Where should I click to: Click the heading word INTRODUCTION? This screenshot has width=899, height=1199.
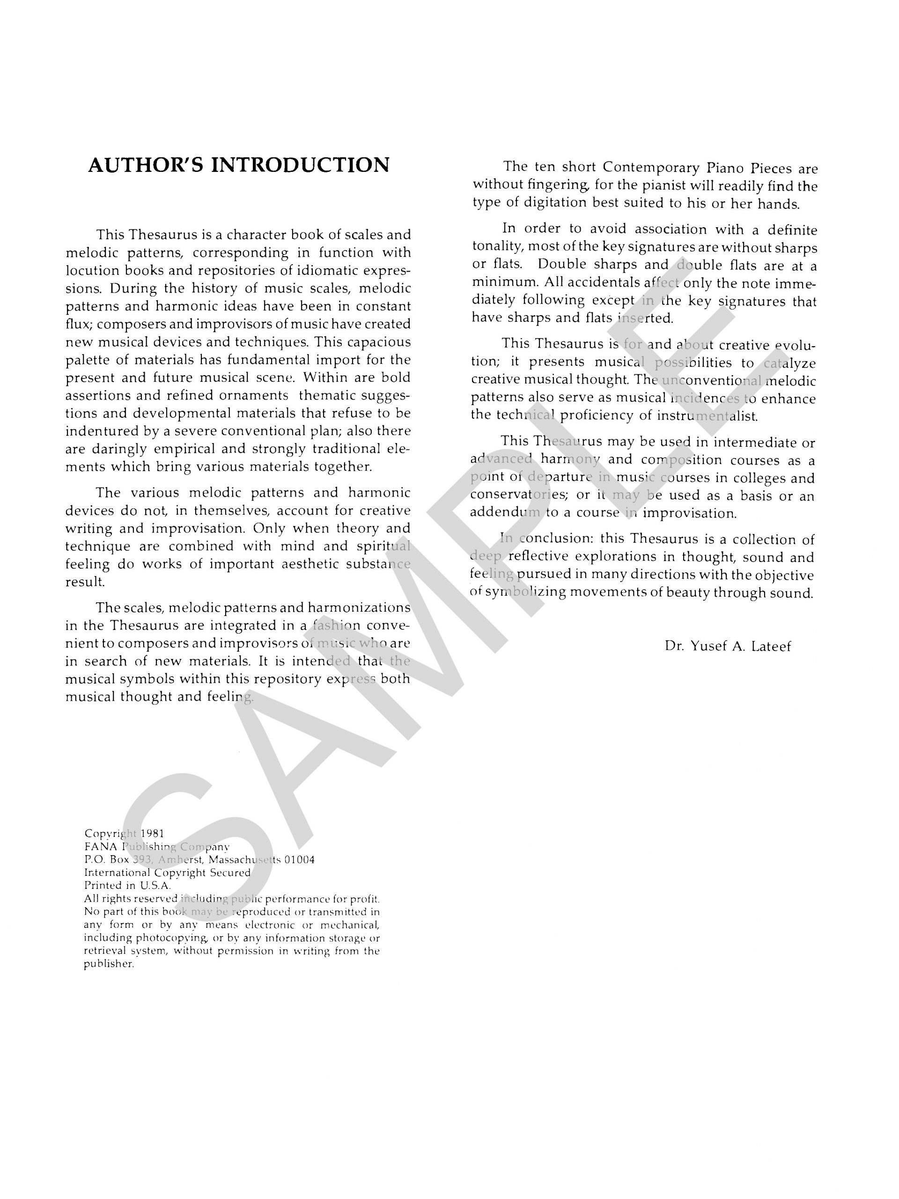300,165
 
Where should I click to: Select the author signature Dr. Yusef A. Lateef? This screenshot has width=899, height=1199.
727,646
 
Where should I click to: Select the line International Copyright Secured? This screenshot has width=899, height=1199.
167,873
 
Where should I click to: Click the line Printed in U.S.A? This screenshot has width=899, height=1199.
127,886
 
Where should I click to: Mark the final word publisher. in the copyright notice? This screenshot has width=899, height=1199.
108,964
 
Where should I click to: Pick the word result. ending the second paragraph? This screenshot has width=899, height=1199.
85,582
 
